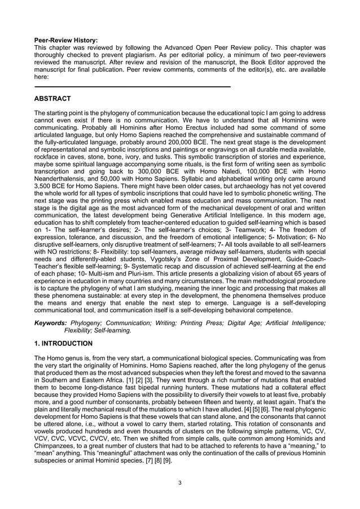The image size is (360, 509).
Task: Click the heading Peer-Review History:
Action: coord(66,41)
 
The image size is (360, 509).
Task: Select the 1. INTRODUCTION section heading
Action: coord(64,343)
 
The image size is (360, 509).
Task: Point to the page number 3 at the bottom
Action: coord(179,482)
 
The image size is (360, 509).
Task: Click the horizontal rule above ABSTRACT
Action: coord(133,87)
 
